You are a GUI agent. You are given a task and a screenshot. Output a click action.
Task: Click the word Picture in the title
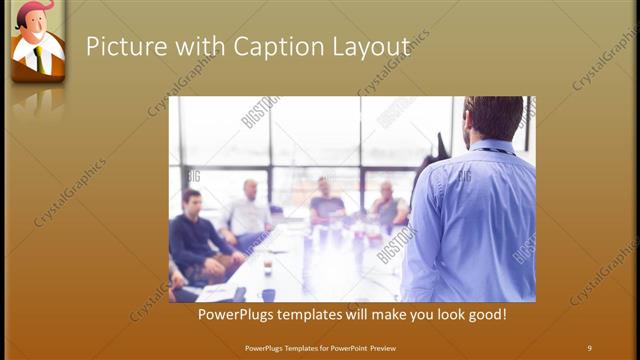point(119,47)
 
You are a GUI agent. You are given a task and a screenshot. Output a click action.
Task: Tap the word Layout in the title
point(370,47)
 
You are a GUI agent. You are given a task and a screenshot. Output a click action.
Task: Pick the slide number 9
point(589,348)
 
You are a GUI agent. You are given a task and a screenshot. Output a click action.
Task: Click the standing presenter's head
point(494,118)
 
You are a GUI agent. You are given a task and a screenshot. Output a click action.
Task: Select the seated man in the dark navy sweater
point(193,235)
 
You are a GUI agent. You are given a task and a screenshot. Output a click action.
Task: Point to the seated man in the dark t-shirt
point(325,203)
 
